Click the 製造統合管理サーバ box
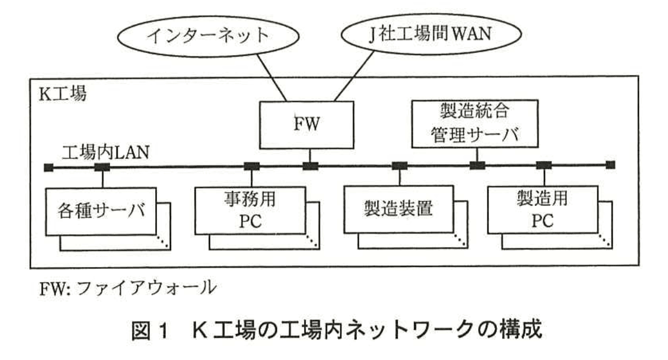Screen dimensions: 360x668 click(475, 124)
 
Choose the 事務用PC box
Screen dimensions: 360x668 click(252, 211)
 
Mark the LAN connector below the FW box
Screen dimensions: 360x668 click(310, 166)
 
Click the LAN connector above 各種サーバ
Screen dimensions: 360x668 click(102, 166)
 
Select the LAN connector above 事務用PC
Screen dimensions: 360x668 click(252, 166)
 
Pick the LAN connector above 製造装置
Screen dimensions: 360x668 click(399, 166)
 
